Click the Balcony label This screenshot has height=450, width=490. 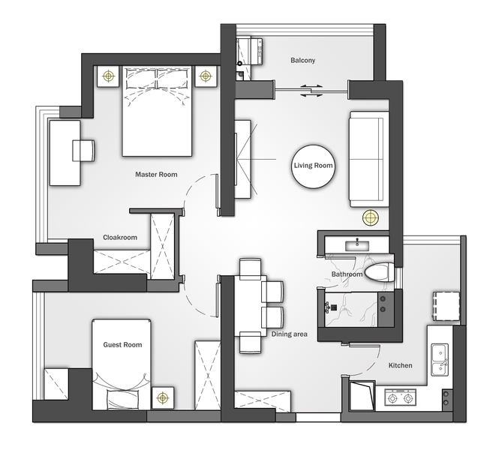click(302, 60)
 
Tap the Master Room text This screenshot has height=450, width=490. click(156, 175)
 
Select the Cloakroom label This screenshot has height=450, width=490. click(120, 237)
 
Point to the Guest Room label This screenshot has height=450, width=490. click(122, 345)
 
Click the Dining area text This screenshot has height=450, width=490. click(289, 334)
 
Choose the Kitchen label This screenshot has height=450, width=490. click(400, 365)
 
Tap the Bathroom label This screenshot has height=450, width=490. click(347, 274)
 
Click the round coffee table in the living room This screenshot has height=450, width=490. click(313, 166)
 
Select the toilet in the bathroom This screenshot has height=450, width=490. click(380, 272)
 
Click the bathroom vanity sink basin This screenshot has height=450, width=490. click(357, 245)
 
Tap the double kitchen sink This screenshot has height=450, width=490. click(440, 360)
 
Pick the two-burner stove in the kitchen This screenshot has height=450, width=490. click(400, 397)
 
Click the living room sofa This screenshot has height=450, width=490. click(369, 159)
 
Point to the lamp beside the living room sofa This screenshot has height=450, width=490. click(371, 217)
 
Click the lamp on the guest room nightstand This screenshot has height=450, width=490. click(163, 397)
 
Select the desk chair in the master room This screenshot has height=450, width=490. click(83, 151)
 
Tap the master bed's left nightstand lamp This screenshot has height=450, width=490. click(109, 76)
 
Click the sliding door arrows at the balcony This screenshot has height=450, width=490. click(311, 91)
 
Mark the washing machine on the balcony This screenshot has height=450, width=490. click(250, 51)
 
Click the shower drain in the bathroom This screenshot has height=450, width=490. click(334, 307)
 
